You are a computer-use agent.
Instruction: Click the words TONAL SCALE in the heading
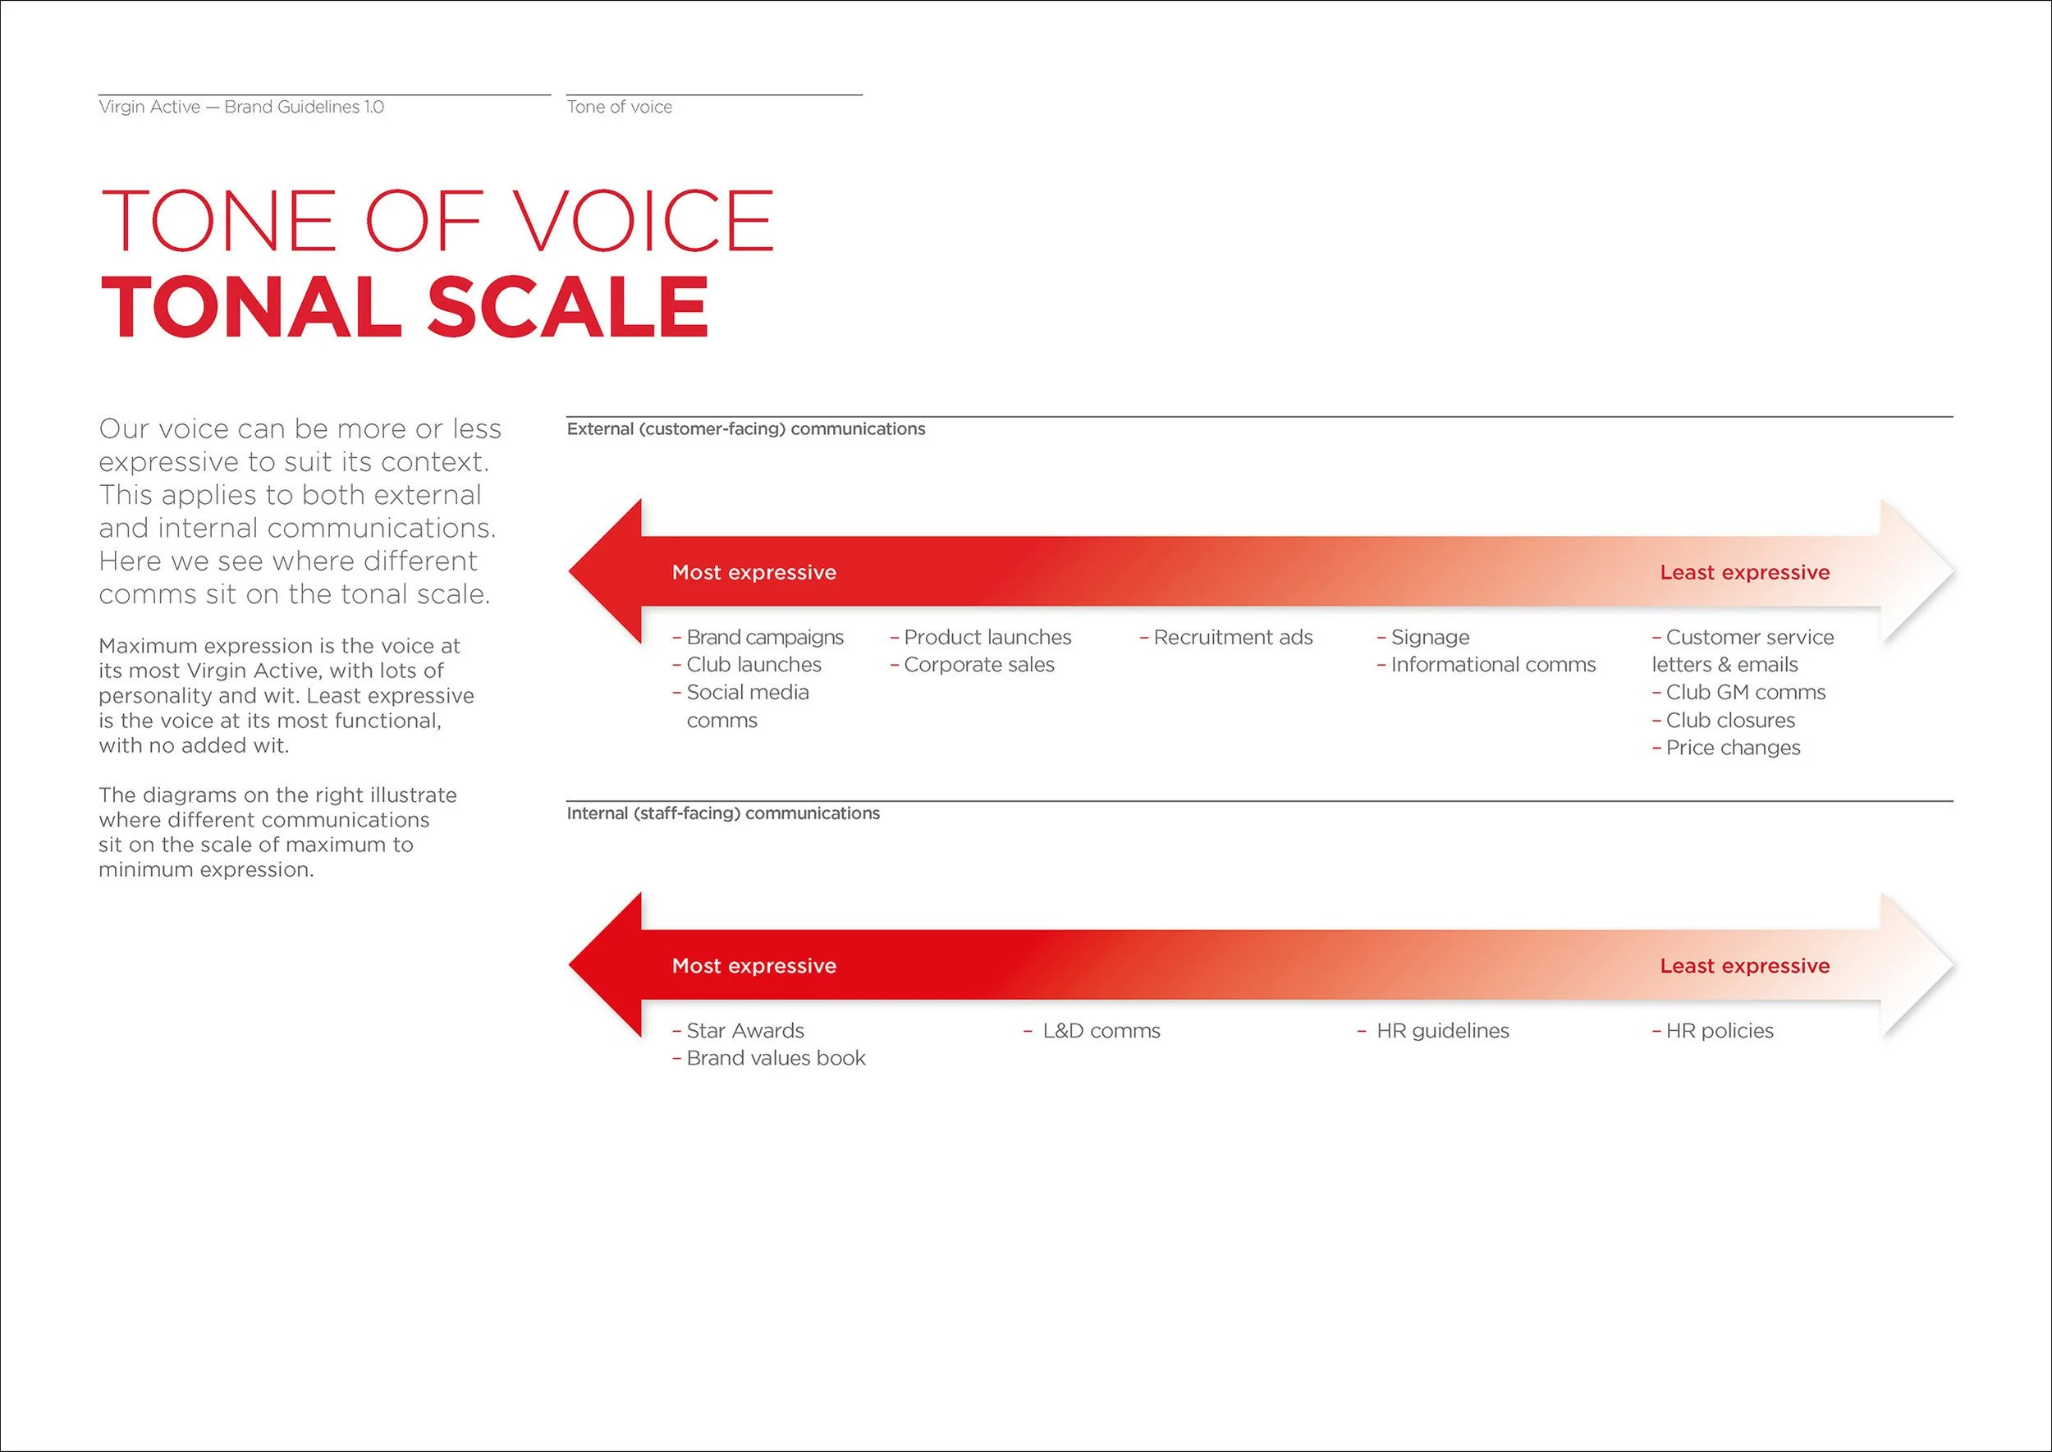click(x=404, y=307)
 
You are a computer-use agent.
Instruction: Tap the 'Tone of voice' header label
click(x=619, y=108)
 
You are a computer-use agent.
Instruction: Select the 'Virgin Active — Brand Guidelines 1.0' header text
click(x=241, y=108)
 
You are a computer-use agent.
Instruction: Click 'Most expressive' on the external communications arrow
click(x=753, y=572)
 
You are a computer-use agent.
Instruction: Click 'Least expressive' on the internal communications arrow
click(x=1744, y=965)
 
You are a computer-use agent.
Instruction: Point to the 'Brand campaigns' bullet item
click(x=764, y=638)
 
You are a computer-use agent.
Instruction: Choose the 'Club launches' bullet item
click(x=753, y=665)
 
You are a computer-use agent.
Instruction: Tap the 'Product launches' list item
click(x=987, y=638)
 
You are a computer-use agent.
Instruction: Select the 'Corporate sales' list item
click(x=978, y=665)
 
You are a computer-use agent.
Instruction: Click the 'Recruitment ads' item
click(x=1232, y=638)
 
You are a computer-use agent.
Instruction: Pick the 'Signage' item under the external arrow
click(x=1430, y=638)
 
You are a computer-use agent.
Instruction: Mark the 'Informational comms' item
click(x=1492, y=665)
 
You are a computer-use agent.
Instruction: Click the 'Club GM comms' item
click(x=1744, y=693)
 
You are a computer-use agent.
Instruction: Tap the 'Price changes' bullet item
click(x=1732, y=749)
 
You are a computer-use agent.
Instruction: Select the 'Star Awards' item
click(x=744, y=1031)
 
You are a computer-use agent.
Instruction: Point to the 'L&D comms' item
click(x=1101, y=1031)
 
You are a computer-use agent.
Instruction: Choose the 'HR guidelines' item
click(x=1442, y=1031)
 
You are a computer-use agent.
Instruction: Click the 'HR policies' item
click(x=1719, y=1031)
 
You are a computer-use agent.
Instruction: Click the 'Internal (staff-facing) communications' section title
click(x=722, y=813)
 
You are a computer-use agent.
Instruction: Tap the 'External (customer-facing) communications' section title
click(x=745, y=429)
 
